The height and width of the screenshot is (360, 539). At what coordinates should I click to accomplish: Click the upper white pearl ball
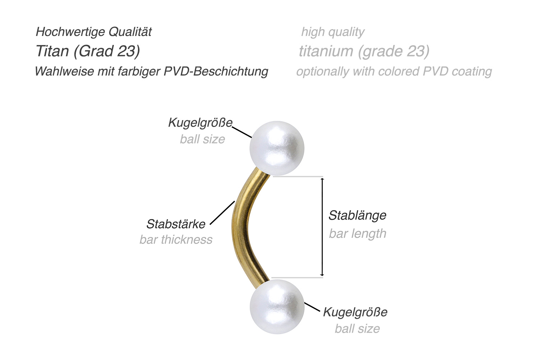(277, 148)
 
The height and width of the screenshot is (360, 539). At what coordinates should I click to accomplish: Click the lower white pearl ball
(277, 307)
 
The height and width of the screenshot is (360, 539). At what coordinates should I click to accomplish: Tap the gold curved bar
(239, 227)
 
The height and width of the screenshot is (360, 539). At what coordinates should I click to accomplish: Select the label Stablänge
(357, 215)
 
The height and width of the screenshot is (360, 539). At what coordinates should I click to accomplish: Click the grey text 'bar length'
(357, 234)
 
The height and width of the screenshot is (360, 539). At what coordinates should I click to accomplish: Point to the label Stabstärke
(176, 224)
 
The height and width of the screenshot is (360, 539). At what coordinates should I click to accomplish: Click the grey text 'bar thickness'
(176, 240)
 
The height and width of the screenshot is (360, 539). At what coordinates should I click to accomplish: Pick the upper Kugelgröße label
(200, 123)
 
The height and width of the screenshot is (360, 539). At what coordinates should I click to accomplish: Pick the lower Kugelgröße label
(355, 312)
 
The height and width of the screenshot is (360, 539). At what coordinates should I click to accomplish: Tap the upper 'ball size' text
(202, 139)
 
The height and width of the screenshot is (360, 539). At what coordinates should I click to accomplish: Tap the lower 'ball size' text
(357, 328)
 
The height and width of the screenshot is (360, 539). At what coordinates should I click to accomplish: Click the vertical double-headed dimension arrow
(322, 227)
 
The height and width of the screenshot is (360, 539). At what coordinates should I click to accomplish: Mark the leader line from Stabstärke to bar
(222, 213)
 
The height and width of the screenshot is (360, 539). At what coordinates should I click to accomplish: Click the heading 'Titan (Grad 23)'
(88, 51)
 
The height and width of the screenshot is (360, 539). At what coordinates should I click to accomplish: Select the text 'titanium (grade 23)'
(364, 51)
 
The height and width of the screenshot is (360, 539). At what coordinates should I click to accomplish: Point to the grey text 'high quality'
(333, 32)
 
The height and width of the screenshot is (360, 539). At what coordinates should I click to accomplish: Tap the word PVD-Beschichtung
(216, 71)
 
